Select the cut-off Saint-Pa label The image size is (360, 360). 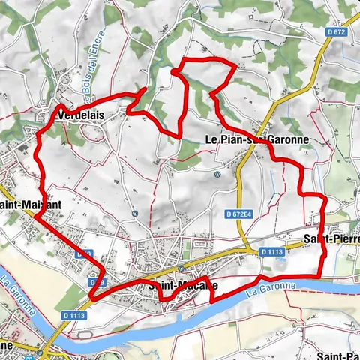coord(339,355)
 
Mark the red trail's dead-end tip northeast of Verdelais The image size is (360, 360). coord(145,91)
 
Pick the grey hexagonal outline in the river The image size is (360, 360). coord(84,332)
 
